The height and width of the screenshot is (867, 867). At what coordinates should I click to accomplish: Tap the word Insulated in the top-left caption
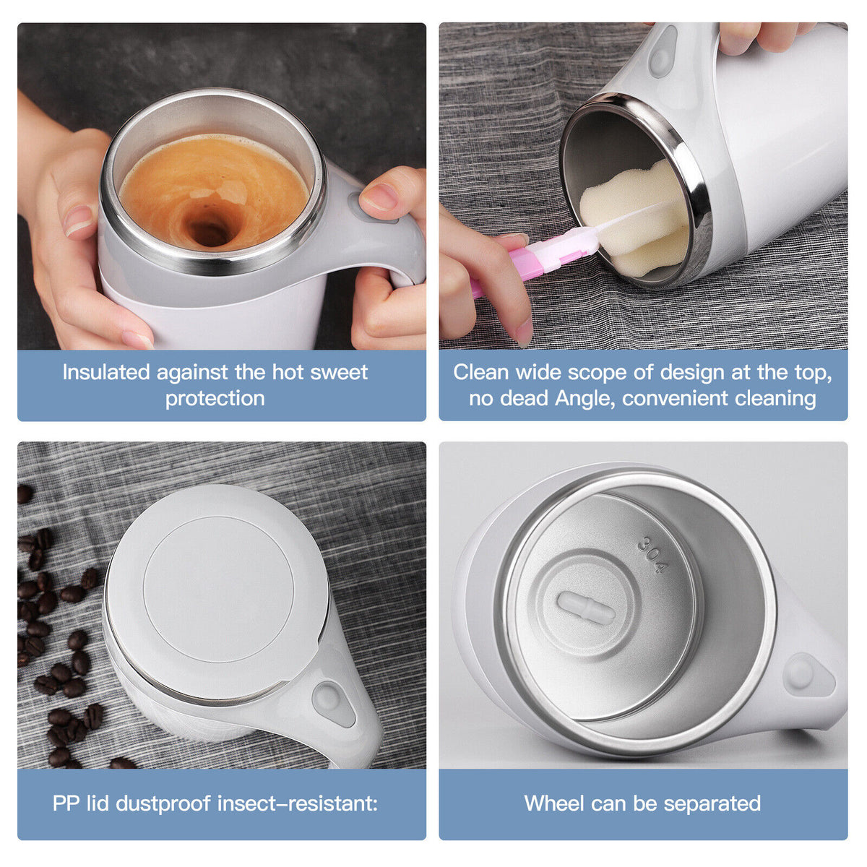click(105, 372)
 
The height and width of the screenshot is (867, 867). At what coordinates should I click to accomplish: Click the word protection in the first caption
click(215, 398)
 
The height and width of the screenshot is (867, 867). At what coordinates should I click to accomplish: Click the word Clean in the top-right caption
click(481, 372)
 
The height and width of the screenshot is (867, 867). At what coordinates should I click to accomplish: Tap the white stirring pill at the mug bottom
click(586, 608)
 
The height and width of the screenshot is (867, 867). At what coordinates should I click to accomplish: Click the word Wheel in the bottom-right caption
click(554, 803)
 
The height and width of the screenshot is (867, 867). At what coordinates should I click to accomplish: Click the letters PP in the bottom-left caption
click(66, 803)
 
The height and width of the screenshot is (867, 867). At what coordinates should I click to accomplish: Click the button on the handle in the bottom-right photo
click(800, 673)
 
